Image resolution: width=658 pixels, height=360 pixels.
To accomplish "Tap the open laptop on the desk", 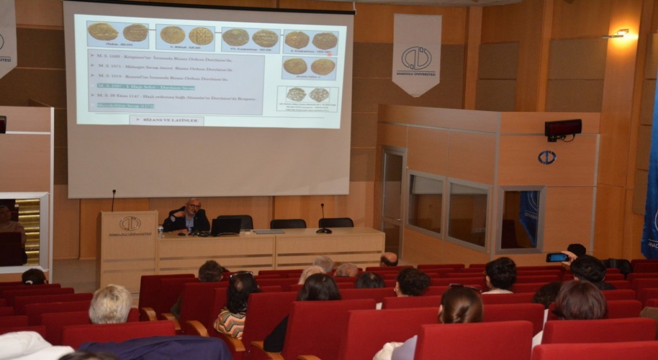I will click(226, 226).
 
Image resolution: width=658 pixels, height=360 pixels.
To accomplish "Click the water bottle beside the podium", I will click(160, 231).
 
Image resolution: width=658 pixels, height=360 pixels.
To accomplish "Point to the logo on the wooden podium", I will click(130, 223).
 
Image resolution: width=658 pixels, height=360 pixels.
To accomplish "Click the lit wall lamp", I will click(621, 33).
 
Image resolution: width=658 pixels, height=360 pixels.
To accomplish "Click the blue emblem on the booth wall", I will click(546, 157).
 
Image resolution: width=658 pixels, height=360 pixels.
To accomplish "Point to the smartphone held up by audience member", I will click(557, 257).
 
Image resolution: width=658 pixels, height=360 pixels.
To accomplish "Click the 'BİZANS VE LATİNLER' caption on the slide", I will click(167, 121).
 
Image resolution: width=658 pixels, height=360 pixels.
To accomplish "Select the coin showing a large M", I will click(200, 36).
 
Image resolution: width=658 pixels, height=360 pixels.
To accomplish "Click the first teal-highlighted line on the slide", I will click(145, 87).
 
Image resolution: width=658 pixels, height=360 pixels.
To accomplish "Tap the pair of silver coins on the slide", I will click(308, 95).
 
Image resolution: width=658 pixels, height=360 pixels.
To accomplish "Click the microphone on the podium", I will click(114, 200).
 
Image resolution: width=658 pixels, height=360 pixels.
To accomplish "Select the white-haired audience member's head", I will click(111, 304).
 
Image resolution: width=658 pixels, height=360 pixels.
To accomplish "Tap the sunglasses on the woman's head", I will click(242, 275).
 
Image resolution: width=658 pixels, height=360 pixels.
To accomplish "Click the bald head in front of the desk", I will click(389, 259).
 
